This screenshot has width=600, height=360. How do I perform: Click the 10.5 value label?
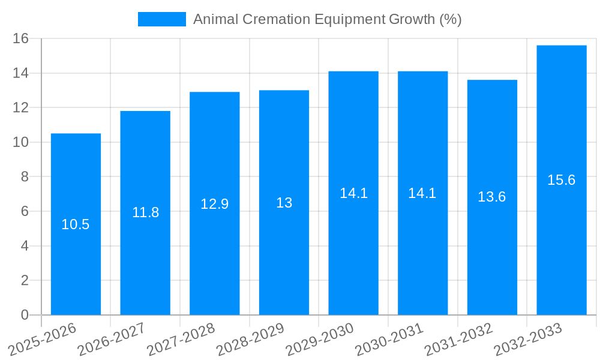click(76, 224)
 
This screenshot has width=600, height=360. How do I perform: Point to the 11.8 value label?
click(145, 212)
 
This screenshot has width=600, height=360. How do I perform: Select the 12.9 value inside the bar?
click(214, 204)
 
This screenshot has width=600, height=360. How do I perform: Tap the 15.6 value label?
click(562, 180)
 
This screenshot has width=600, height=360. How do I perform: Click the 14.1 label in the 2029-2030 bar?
click(353, 193)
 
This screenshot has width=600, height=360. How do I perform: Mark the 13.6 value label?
click(492, 197)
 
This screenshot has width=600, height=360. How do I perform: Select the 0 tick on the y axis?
click(25, 315)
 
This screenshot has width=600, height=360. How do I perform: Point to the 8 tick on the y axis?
click(25, 177)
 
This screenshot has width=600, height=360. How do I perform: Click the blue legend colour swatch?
click(162, 19)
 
